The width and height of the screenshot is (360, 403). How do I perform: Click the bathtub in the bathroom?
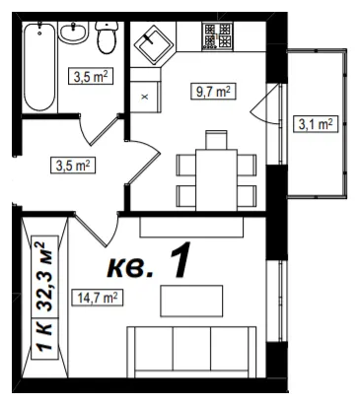[x=39, y=67]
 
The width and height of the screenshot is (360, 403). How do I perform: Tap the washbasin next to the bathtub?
[x=73, y=33]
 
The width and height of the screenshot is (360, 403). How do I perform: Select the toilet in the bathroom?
[x=107, y=37]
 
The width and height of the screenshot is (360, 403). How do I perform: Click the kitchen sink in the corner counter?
[x=154, y=43]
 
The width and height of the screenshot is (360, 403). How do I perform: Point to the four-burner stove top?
[x=217, y=36]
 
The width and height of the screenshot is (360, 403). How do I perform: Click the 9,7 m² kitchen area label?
[x=213, y=92]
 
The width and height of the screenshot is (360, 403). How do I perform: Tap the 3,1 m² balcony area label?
[x=316, y=124]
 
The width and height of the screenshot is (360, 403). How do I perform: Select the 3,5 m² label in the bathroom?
[x=91, y=76]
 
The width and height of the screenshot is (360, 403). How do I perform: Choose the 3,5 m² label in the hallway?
[x=73, y=166]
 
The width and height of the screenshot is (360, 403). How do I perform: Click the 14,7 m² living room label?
[x=98, y=298]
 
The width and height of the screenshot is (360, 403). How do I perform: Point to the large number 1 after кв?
[x=180, y=260]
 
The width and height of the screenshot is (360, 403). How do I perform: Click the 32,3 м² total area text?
[x=44, y=277]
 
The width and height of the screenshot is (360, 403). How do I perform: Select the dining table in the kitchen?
[x=216, y=180]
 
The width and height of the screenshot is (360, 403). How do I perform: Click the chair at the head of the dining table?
[x=216, y=140]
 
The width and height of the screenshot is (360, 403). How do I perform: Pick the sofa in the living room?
[x=191, y=352]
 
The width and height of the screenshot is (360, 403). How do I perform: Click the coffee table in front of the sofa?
[x=191, y=301]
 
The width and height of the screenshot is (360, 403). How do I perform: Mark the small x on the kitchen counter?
[x=145, y=97]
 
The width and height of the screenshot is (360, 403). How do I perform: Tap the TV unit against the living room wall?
[x=191, y=227]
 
